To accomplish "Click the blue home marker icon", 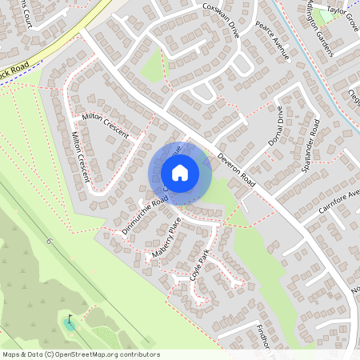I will [179, 173].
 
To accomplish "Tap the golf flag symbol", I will [70, 321].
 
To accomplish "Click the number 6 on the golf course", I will [48, 241].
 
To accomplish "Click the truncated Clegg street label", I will [353, 96].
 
